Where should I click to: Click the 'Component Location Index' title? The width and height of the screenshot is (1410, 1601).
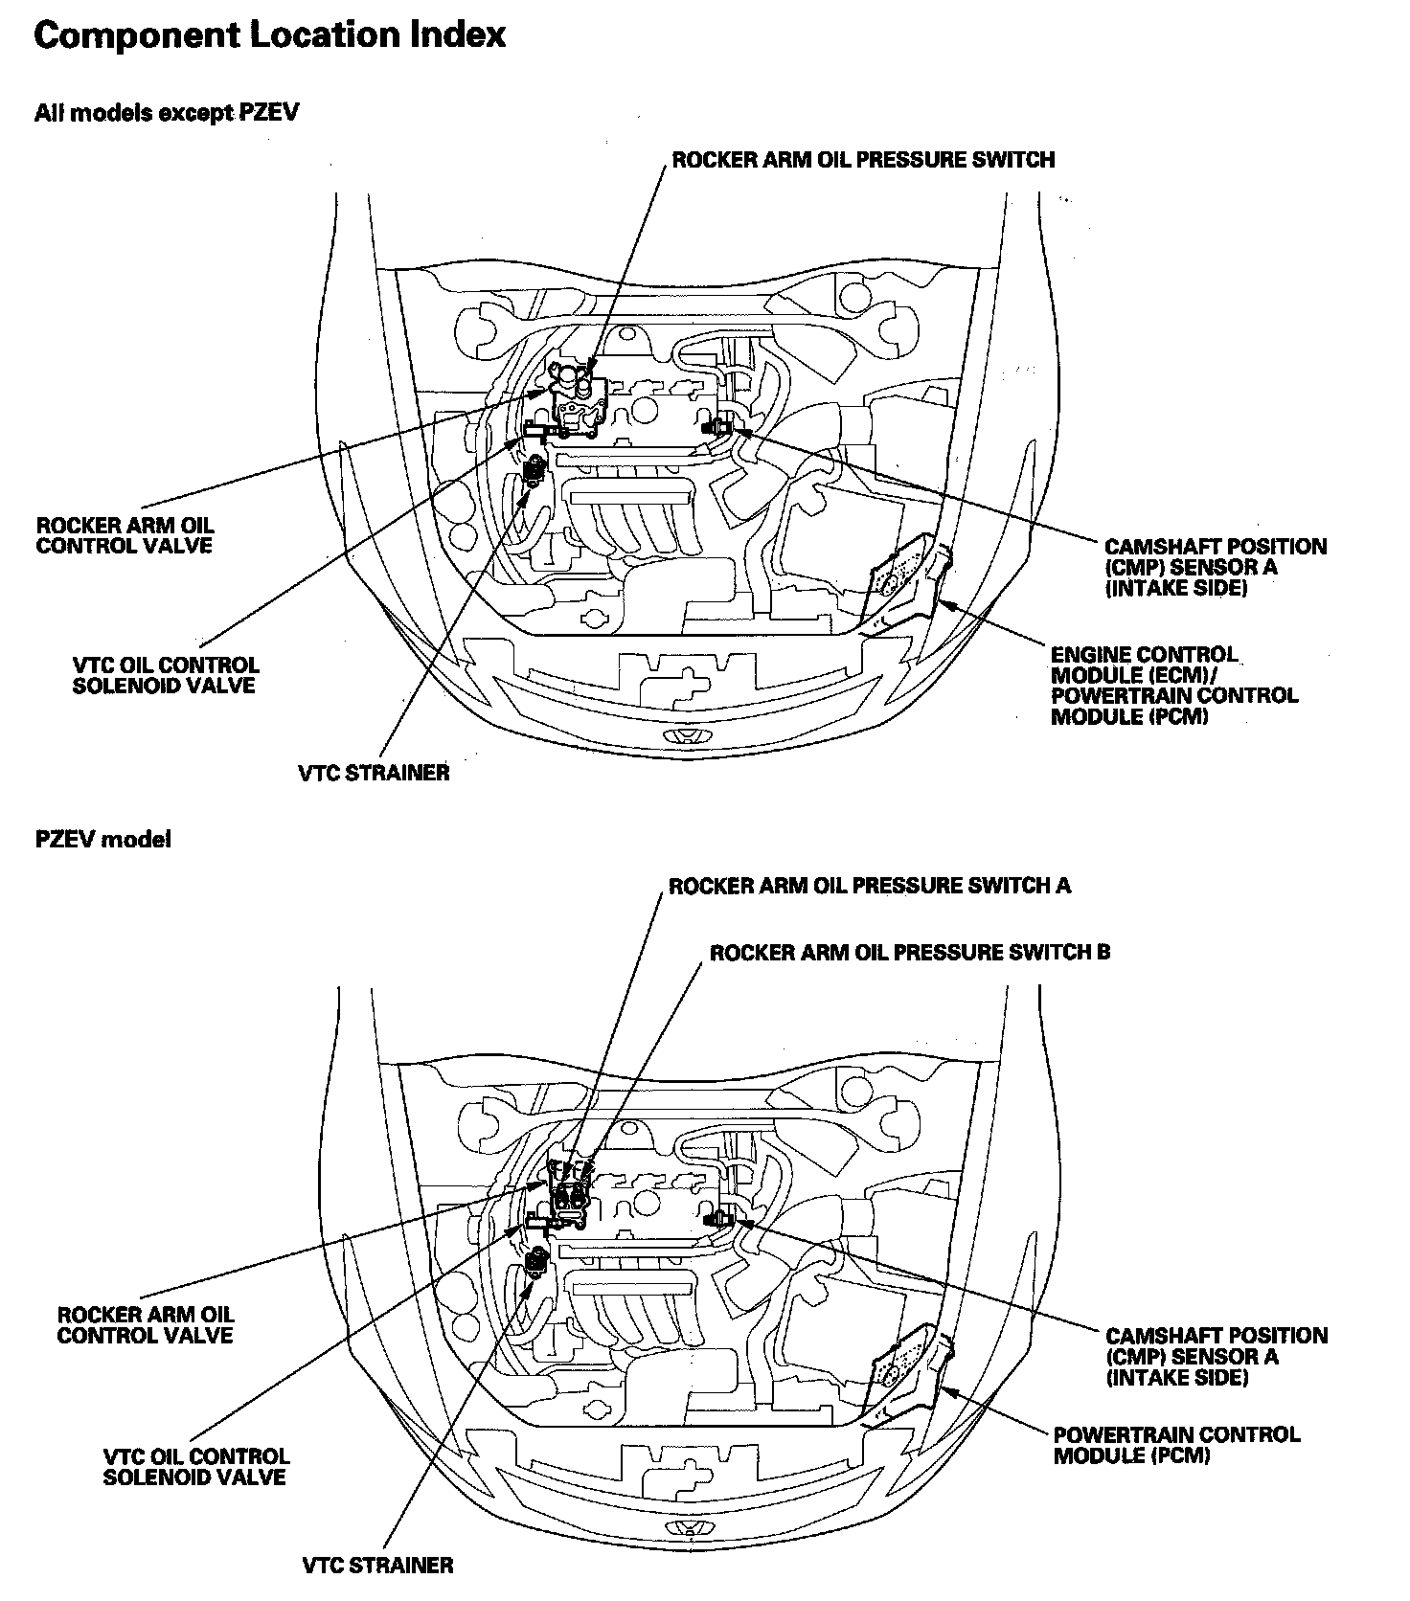pyautogui.click(x=269, y=35)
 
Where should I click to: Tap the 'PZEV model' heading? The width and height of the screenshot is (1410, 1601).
pyautogui.click(x=103, y=840)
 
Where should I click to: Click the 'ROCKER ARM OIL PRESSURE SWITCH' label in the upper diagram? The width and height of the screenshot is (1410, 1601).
pyautogui.click(x=863, y=160)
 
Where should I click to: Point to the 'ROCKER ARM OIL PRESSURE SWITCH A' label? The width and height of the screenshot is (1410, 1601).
pyautogui.click(x=869, y=886)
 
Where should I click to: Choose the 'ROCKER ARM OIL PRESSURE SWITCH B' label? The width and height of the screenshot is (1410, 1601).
pyautogui.click(x=910, y=953)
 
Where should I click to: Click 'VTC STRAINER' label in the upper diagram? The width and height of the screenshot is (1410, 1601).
pyautogui.click(x=374, y=773)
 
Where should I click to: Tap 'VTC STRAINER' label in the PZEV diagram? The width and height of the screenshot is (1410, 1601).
pyautogui.click(x=377, y=1566)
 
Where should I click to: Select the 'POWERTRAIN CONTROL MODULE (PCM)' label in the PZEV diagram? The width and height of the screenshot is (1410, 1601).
pyautogui.click(x=1176, y=1445)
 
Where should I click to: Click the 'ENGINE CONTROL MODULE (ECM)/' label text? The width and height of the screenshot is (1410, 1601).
pyautogui.click(x=1144, y=665)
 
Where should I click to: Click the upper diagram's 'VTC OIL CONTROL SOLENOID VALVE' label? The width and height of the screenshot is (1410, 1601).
pyautogui.click(x=165, y=675)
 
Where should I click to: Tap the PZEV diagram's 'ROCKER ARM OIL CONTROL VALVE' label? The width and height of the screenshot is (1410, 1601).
pyautogui.click(x=146, y=1325)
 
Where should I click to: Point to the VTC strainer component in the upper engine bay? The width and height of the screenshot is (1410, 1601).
pyautogui.click(x=534, y=470)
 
